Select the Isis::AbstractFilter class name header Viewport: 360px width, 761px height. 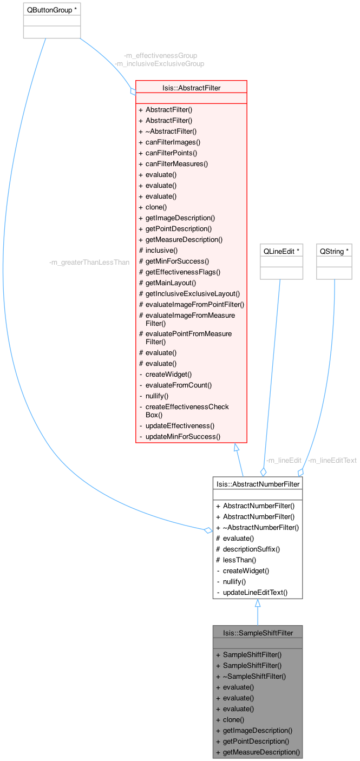point(191,87)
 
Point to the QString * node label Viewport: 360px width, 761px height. point(334,251)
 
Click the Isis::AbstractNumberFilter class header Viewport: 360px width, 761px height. point(257,484)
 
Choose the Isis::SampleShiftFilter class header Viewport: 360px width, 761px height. point(257,632)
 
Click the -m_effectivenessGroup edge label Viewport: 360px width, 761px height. point(160,55)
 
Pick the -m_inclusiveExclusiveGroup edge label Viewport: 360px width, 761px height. point(159,63)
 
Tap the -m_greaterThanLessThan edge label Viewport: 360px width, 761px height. point(89,263)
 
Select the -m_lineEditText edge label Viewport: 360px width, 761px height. point(332,461)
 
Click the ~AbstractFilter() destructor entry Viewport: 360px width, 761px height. point(171,131)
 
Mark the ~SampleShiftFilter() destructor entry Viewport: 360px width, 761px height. point(254,676)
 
